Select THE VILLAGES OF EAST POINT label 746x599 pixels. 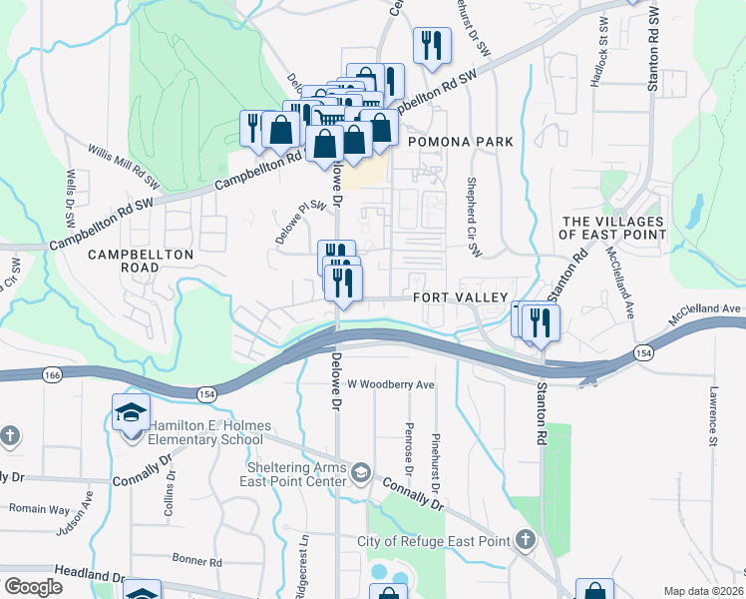[x=612, y=228]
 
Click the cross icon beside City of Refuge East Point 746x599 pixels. [x=526, y=541]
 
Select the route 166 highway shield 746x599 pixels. [x=53, y=373]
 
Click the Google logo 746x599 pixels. [x=33, y=586]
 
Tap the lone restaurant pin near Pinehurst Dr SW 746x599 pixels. [x=432, y=46]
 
